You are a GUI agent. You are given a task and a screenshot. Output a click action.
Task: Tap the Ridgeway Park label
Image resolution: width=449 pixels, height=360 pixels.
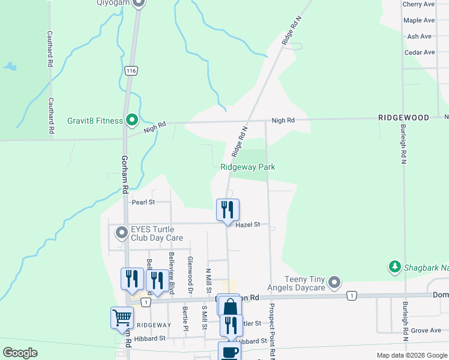tap(247, 167)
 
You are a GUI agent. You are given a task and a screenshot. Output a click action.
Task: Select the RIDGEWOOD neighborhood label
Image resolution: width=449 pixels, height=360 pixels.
tap(403, 118)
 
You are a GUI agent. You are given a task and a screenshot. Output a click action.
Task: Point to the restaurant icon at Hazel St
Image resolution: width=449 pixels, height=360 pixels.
tap(228, 210)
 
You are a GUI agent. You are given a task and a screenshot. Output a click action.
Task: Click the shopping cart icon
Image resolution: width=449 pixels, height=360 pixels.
tap(122, 317)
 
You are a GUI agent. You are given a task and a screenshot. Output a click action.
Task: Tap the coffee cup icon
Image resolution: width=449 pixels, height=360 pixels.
tap(229, 352)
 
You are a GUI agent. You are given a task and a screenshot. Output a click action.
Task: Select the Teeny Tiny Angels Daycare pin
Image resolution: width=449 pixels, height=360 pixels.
tap(335, 281)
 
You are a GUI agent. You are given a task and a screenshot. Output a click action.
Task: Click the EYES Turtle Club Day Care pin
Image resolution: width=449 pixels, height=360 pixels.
tap(122, 233)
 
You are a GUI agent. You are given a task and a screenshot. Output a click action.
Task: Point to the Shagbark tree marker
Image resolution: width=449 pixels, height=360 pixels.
tap(395, 266)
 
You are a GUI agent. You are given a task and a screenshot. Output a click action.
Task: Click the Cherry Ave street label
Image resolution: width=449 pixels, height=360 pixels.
tap(418, 4)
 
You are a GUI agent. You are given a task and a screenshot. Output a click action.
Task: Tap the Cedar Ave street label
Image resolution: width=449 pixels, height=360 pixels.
tap(420, 52)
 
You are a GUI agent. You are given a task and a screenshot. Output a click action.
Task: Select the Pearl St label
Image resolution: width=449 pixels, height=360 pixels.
tap(143, 202)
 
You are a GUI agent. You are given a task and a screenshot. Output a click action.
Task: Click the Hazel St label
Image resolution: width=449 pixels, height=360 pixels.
tap(248, 224)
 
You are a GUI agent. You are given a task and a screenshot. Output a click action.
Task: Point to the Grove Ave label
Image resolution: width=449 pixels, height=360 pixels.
tap(426, 330)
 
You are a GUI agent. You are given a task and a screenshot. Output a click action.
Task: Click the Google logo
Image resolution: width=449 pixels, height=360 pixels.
tap(20, 353)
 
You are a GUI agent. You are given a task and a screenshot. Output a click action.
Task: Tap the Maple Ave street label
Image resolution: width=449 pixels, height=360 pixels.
tap(419, 20)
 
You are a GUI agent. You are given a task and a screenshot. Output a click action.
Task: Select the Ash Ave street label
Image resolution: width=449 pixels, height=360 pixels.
tap(420, 37)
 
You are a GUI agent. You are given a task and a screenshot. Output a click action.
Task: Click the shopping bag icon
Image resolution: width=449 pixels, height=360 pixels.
tap(229, 306)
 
